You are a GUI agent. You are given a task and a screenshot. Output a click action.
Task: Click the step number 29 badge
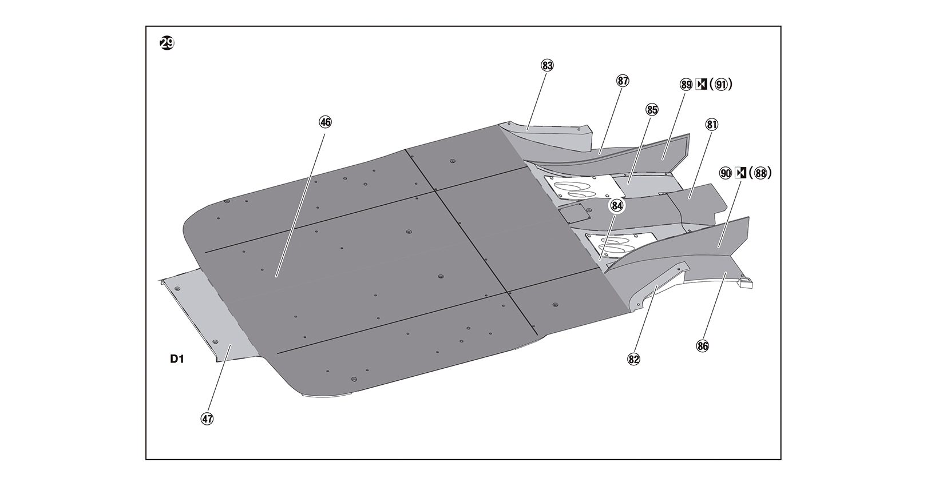click(x=167, y=43)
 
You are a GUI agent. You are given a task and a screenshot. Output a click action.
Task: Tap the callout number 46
click(x=325, y=122)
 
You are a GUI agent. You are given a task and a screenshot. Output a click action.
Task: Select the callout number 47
click(x=207, y=419)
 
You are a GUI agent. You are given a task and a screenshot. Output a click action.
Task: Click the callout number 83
click(x=547, y=65)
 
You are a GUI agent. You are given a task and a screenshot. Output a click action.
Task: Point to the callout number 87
click(x=623, y=81)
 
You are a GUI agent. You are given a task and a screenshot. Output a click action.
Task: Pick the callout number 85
click(x=652, y=109)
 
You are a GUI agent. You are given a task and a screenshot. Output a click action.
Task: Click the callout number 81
click(x=712, y=125)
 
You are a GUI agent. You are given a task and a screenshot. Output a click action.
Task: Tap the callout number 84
click(x=616, y=206)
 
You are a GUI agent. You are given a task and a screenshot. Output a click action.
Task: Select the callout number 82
click(x=633, y=359)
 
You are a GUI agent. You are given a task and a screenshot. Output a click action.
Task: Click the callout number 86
click(x=702, y=346)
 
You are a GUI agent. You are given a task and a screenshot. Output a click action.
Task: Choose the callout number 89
click(x=686, y=85)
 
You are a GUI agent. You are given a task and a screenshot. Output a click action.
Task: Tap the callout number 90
click(x=726, y=173)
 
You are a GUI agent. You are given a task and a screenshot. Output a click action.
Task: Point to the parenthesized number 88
click(x=759, y=173)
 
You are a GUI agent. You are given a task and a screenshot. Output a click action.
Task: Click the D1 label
click(x=176, y=359)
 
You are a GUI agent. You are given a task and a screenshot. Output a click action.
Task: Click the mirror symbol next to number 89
click(x=701, y=85)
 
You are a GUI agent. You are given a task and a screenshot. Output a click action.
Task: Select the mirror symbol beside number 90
click(x=740, y=173)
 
